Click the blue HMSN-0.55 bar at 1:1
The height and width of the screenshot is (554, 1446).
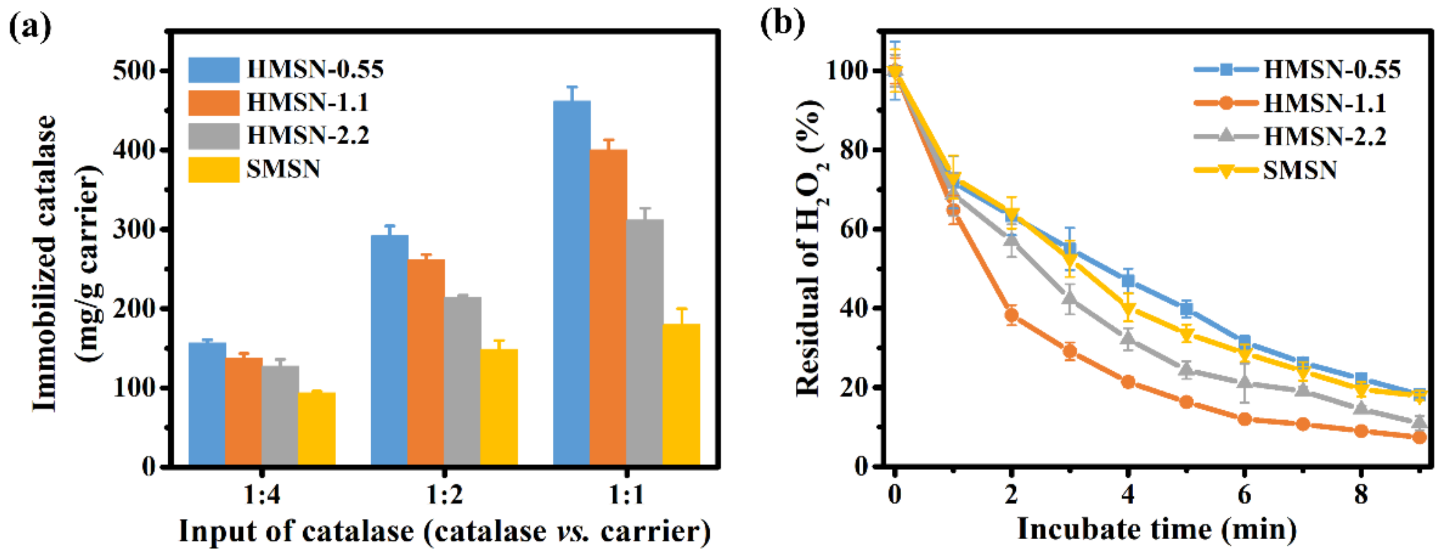click(x=571, y=284)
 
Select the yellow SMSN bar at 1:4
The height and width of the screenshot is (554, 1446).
click(x=317, y=429)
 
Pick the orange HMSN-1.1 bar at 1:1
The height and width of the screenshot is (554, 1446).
click(x=608, y=307)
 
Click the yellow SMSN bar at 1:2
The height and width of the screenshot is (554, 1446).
click(x=499, y=407)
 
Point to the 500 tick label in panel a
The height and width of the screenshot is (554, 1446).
click(x=134, y=71)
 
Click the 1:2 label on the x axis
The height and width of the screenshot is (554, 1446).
click(x=444, y=495)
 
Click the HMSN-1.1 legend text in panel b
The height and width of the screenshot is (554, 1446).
click(x=1325, y=103)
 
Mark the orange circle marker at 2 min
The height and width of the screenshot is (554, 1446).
click(x=1012, y=315)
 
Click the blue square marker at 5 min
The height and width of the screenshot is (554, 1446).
click(x=1186, y=308)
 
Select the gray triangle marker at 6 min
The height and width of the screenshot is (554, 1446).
click(x=1244, y=382)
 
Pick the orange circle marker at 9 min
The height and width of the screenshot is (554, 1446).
click(x=1419, y=436)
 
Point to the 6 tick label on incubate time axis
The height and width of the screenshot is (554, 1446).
click(x=1244, y=495)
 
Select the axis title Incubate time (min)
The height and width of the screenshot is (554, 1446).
click(x=1157, y=529)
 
